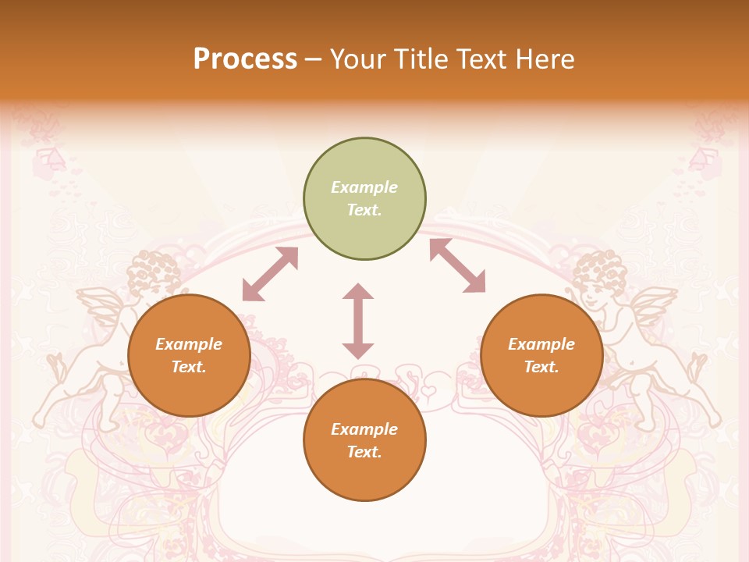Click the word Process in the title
pos(245,59)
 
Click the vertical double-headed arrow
pos(358,321)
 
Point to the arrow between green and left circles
pos(270,274)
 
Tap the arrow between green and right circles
pos(458,265)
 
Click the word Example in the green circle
pos(364,187)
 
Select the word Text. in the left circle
pos(189,367)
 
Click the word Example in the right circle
pos(541,344)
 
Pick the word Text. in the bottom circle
pos(364,452)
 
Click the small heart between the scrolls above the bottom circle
pos(428,388)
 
